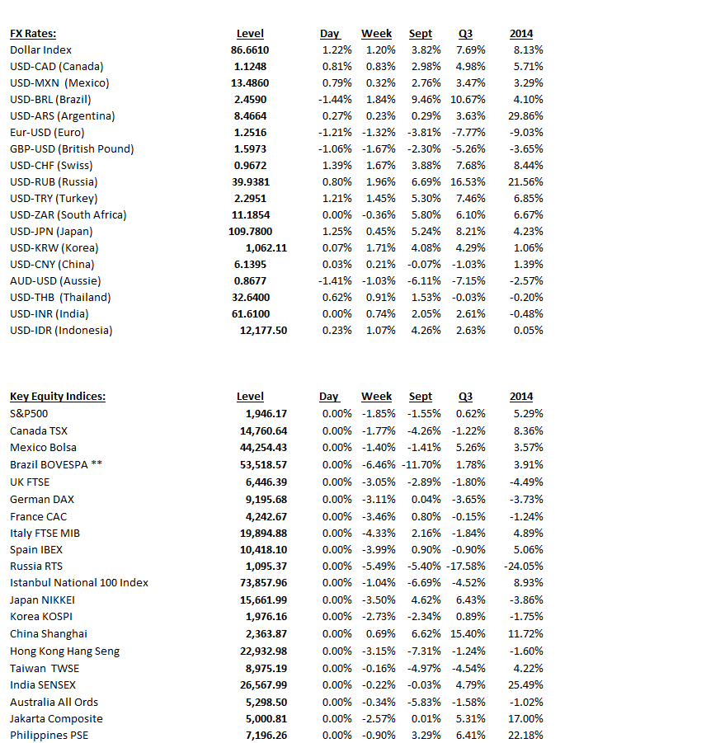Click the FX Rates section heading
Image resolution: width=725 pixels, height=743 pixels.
coord(33,34)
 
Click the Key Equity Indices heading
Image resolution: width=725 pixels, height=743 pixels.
coord(58,397)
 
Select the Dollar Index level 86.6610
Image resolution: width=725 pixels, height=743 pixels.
coord(250,50)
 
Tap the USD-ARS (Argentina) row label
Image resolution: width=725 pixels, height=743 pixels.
coord(62,116)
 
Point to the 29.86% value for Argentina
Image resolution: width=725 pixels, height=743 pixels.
coord(527,116)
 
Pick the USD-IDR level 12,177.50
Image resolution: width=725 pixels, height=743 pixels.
coord(263,331)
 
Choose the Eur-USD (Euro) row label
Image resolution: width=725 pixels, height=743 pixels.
coord(47,133)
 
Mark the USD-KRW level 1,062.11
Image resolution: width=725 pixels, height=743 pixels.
coord(266,248)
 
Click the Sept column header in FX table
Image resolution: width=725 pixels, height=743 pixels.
coord(421,34)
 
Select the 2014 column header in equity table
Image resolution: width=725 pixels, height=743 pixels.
coord(521,397)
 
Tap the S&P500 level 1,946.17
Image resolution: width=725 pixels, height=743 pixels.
coord(266,413)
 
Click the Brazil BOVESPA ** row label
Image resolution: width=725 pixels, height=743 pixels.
coord(56,465)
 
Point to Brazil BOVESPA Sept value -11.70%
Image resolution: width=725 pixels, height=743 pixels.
coord(421,465)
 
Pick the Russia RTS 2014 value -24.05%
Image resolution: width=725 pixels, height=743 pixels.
coord(523,567)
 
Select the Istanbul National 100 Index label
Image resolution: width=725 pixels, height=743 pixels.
coord(79,583)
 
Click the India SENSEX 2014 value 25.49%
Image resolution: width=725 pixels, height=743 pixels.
coord(527,684)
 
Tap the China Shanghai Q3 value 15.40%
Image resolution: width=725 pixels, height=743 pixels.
coord(468,634)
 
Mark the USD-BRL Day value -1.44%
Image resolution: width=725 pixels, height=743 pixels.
coord(335,100)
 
